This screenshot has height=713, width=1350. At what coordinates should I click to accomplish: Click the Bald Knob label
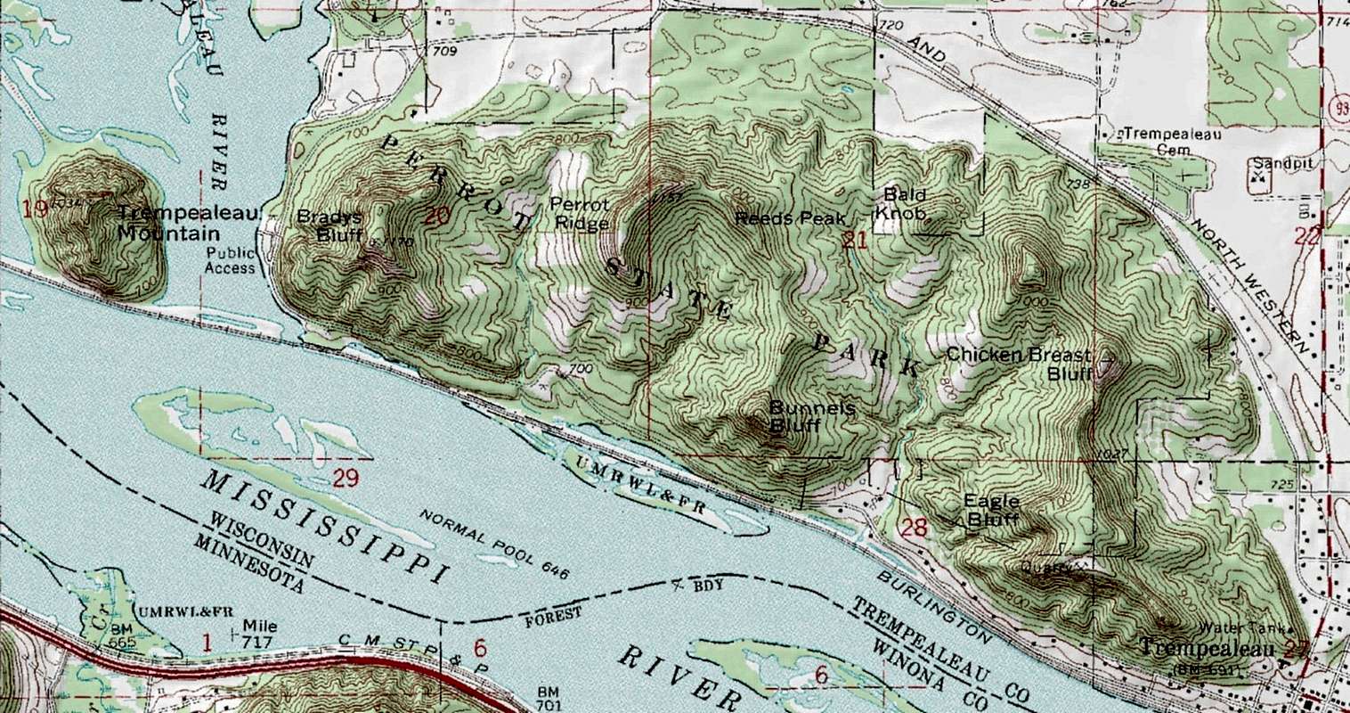904,204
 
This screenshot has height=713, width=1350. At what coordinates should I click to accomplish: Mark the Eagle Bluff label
991,509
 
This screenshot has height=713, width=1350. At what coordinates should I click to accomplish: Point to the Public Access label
230,259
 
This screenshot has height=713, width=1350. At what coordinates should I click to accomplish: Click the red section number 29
346,479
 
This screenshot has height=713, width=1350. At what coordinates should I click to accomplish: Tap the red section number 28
915,528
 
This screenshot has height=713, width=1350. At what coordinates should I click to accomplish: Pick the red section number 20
436,215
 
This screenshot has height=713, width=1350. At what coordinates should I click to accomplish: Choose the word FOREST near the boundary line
551,614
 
